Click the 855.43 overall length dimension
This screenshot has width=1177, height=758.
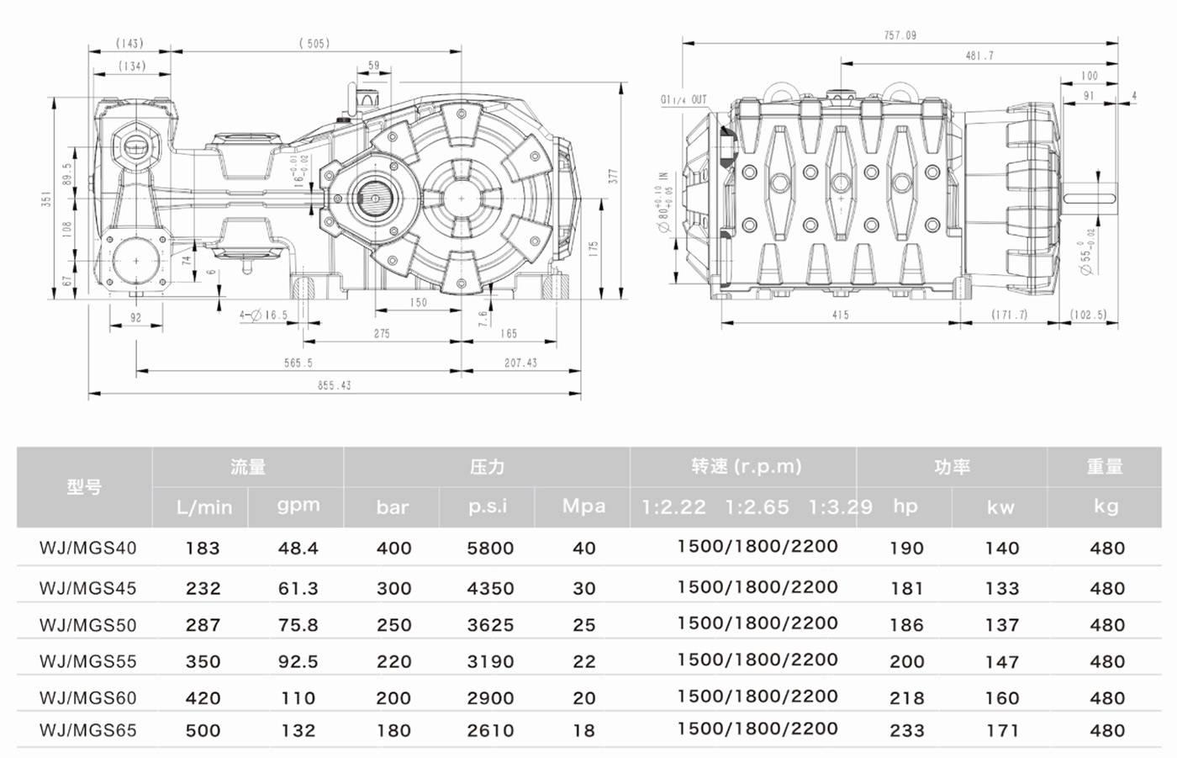(x=334, y=385)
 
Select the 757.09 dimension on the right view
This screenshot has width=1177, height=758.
(x=900, y=35)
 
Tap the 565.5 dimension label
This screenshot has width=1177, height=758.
(x=298, y=363)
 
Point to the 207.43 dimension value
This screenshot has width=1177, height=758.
(x=520, y=363)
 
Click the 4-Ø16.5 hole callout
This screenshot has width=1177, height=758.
(x=263, y=315)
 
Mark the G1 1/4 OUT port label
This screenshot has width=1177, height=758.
(x=683, y=100)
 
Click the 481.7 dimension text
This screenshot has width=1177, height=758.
(x=979, y=56)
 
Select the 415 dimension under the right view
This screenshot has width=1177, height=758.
(x=840, y=315)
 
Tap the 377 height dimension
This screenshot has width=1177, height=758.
(x=614, y=176)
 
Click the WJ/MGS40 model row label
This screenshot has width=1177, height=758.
(x=87, y=549)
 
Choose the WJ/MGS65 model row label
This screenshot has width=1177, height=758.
(x=87, y=730)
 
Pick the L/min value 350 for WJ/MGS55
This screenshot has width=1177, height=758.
(x=203, y=662)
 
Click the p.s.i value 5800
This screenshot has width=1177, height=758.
(x=490, y=549)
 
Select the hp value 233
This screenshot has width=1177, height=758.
(x=906, y=730)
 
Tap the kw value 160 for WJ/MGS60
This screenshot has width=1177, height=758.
(x=1001, y=698)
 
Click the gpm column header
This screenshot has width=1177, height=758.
(x=298, y=506)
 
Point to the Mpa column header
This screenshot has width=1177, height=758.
(x=583, y=506)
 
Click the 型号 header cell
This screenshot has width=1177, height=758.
(x=84, y=487)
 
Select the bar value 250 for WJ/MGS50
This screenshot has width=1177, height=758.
(x=393, y=625)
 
